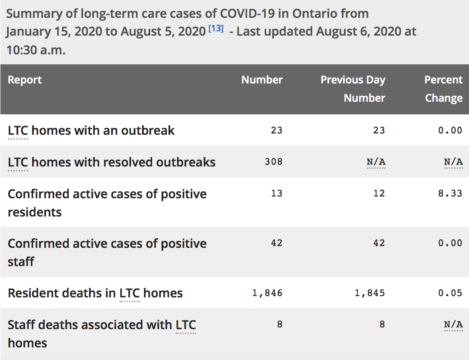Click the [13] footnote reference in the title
coord(216,28)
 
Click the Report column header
coord(24,80)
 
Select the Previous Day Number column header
coord(353,89)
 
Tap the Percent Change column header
coord(443,89)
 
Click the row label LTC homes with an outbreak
coord(91,130)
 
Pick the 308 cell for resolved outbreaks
coord(274,162)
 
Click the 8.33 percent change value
coord(450,193)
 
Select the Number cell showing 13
coord(277,193)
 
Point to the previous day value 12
coord(379,193)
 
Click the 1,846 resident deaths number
coord(268,293)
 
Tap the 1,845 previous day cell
coord(370,293)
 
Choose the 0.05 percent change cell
coord(450,293)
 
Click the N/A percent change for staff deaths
coord(453,324)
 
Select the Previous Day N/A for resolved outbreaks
coord(376,162)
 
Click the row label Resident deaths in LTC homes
coord(95,293)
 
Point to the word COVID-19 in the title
coord(248,14)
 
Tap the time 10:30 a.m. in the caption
coord(36,50)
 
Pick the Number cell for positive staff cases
coord(277,243)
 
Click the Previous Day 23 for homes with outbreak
coord(379,130)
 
